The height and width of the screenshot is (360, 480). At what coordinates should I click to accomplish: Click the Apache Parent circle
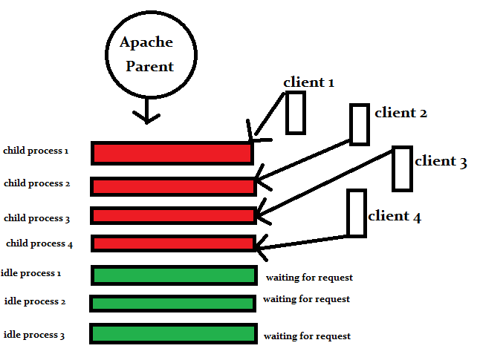pyautogui.click(x=151, y=55)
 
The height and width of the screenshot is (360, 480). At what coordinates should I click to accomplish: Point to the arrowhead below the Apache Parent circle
pyautogui.click(x=146, y=117)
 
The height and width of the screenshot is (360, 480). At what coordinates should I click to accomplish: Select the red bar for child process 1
pyautogui.click(x=172, y=153)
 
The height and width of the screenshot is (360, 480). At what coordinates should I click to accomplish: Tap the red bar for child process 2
pyautogui.click(x=173, y=186)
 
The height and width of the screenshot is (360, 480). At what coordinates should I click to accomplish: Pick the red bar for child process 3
pyautogui.click(x=173, y=215)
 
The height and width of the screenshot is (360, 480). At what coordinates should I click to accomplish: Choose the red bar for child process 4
pyautogui.click(x=173, y=243)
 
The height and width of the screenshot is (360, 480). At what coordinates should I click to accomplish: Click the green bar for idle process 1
pyautogui.click(x=174, y=275)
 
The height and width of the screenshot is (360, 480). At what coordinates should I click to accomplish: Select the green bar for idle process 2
pyautogui.click(x=173, y=303)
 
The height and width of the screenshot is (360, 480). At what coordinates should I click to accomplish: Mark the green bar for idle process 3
pyautogui.click(x=173, y=333)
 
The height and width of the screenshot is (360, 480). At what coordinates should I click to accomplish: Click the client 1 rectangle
pyautogui.click(x=296, y=113)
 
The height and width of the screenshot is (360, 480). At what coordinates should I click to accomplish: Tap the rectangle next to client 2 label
pyautogui.click(x=360, y=124)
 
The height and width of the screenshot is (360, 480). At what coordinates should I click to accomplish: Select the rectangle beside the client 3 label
pyautogui.click(x=402, y=168)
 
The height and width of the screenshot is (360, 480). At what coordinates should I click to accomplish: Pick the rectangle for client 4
pyautogui.click(x=357, y=213)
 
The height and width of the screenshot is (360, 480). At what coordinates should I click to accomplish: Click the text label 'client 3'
pyautogui.click(x=441, y=161)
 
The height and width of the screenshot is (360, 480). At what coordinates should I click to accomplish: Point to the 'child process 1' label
pyautogui.click(x=36, y=151)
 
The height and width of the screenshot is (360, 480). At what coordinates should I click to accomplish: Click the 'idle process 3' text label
pyautogui.click(x=34, y=336)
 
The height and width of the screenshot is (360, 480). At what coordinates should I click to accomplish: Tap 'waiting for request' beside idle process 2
pyautogui.click(x=306, y=299)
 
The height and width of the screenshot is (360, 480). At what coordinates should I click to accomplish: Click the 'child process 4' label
pyautogui.click(x=39, y=243)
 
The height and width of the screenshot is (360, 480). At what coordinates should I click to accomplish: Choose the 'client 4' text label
pyautogui.click(x=395, y=217)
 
